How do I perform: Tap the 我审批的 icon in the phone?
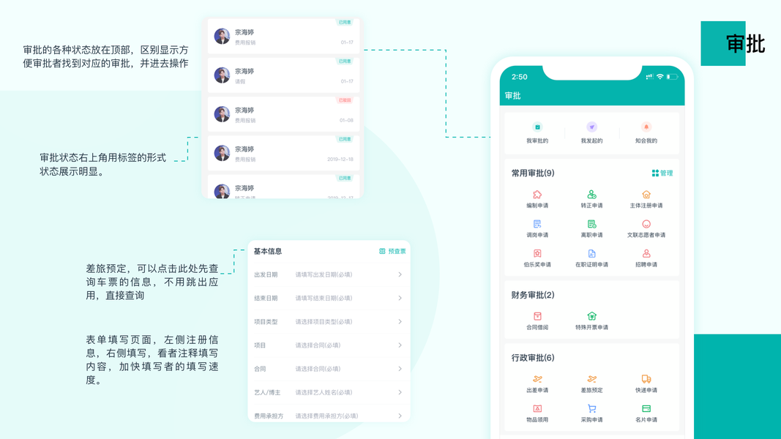coord(537,127)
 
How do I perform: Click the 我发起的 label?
coord(591,140)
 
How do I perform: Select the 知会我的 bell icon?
coord(646,127)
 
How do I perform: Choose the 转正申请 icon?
coord(591,195)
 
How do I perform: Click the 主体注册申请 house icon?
coord(646,195)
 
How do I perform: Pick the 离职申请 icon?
coord(591,225)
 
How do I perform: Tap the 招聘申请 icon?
coord(646,254)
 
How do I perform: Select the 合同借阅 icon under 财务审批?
coord(537,316)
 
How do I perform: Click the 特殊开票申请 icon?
coord(591,316)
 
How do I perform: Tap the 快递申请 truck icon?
coord(646,379)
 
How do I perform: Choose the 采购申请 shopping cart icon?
coord(591,408)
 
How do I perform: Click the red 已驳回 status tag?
coord(345,100)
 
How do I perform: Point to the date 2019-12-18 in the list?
coord(340,160)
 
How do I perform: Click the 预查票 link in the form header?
coord(393,251)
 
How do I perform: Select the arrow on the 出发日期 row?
coord(400,275)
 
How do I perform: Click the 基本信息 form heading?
coord(268,251)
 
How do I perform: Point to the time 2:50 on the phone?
coord(520,77)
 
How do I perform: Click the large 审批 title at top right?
coord(745,44)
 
